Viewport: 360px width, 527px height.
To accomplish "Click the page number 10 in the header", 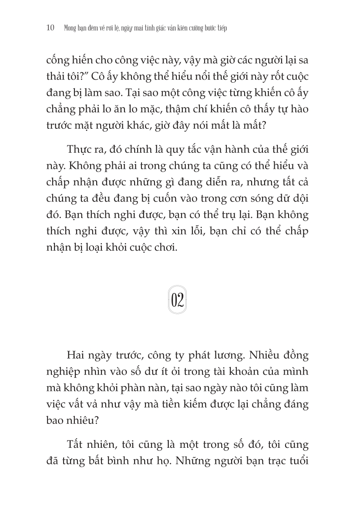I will (50, 28).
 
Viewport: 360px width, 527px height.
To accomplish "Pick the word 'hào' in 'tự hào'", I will (298, 109).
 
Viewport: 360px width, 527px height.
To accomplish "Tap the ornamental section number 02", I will (177, 300).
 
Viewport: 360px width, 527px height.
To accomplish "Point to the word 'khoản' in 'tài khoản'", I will (251, 372).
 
